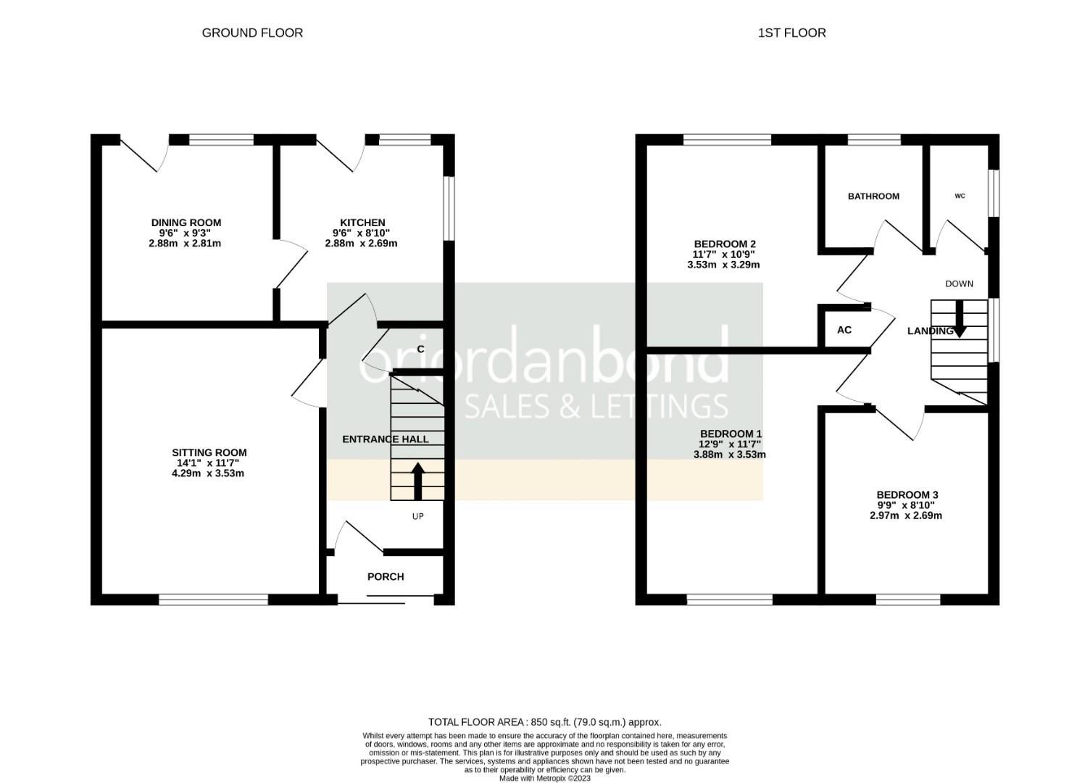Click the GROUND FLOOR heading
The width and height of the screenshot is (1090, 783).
[x=252, y=33]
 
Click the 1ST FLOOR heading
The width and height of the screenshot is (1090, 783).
[x=791, y=33]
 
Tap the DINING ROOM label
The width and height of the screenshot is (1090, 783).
[x=186, y=223]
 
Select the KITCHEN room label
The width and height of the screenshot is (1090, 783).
[x=362, y=223]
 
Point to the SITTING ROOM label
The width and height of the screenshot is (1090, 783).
[x=209, y=453]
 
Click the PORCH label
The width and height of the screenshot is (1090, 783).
[x=386, y=577]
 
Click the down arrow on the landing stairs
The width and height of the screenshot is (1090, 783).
[x=959, y=320]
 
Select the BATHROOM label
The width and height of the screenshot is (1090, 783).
[x=873, y=196]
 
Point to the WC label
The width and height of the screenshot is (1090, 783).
[x=960, y=196]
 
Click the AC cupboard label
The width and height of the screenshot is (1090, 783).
[x=844, y=330]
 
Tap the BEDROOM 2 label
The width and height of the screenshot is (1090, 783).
[x=725, y=244]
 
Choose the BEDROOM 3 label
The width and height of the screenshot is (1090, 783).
[x=907, y=495]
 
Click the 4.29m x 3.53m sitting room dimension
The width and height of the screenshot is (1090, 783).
[x=207, y=473]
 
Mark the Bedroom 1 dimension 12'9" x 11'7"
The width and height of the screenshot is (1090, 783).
[x=730, y=444]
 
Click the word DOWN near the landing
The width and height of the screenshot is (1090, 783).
[x=959, y=283]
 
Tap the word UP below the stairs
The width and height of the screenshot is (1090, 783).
[x=417, y=516]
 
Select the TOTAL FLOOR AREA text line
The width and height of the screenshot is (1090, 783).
[x=544, y=722]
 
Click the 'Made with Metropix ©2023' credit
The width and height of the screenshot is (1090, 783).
[x=544, y=778]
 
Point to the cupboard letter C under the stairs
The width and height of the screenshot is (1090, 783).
[x=420, y=349]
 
